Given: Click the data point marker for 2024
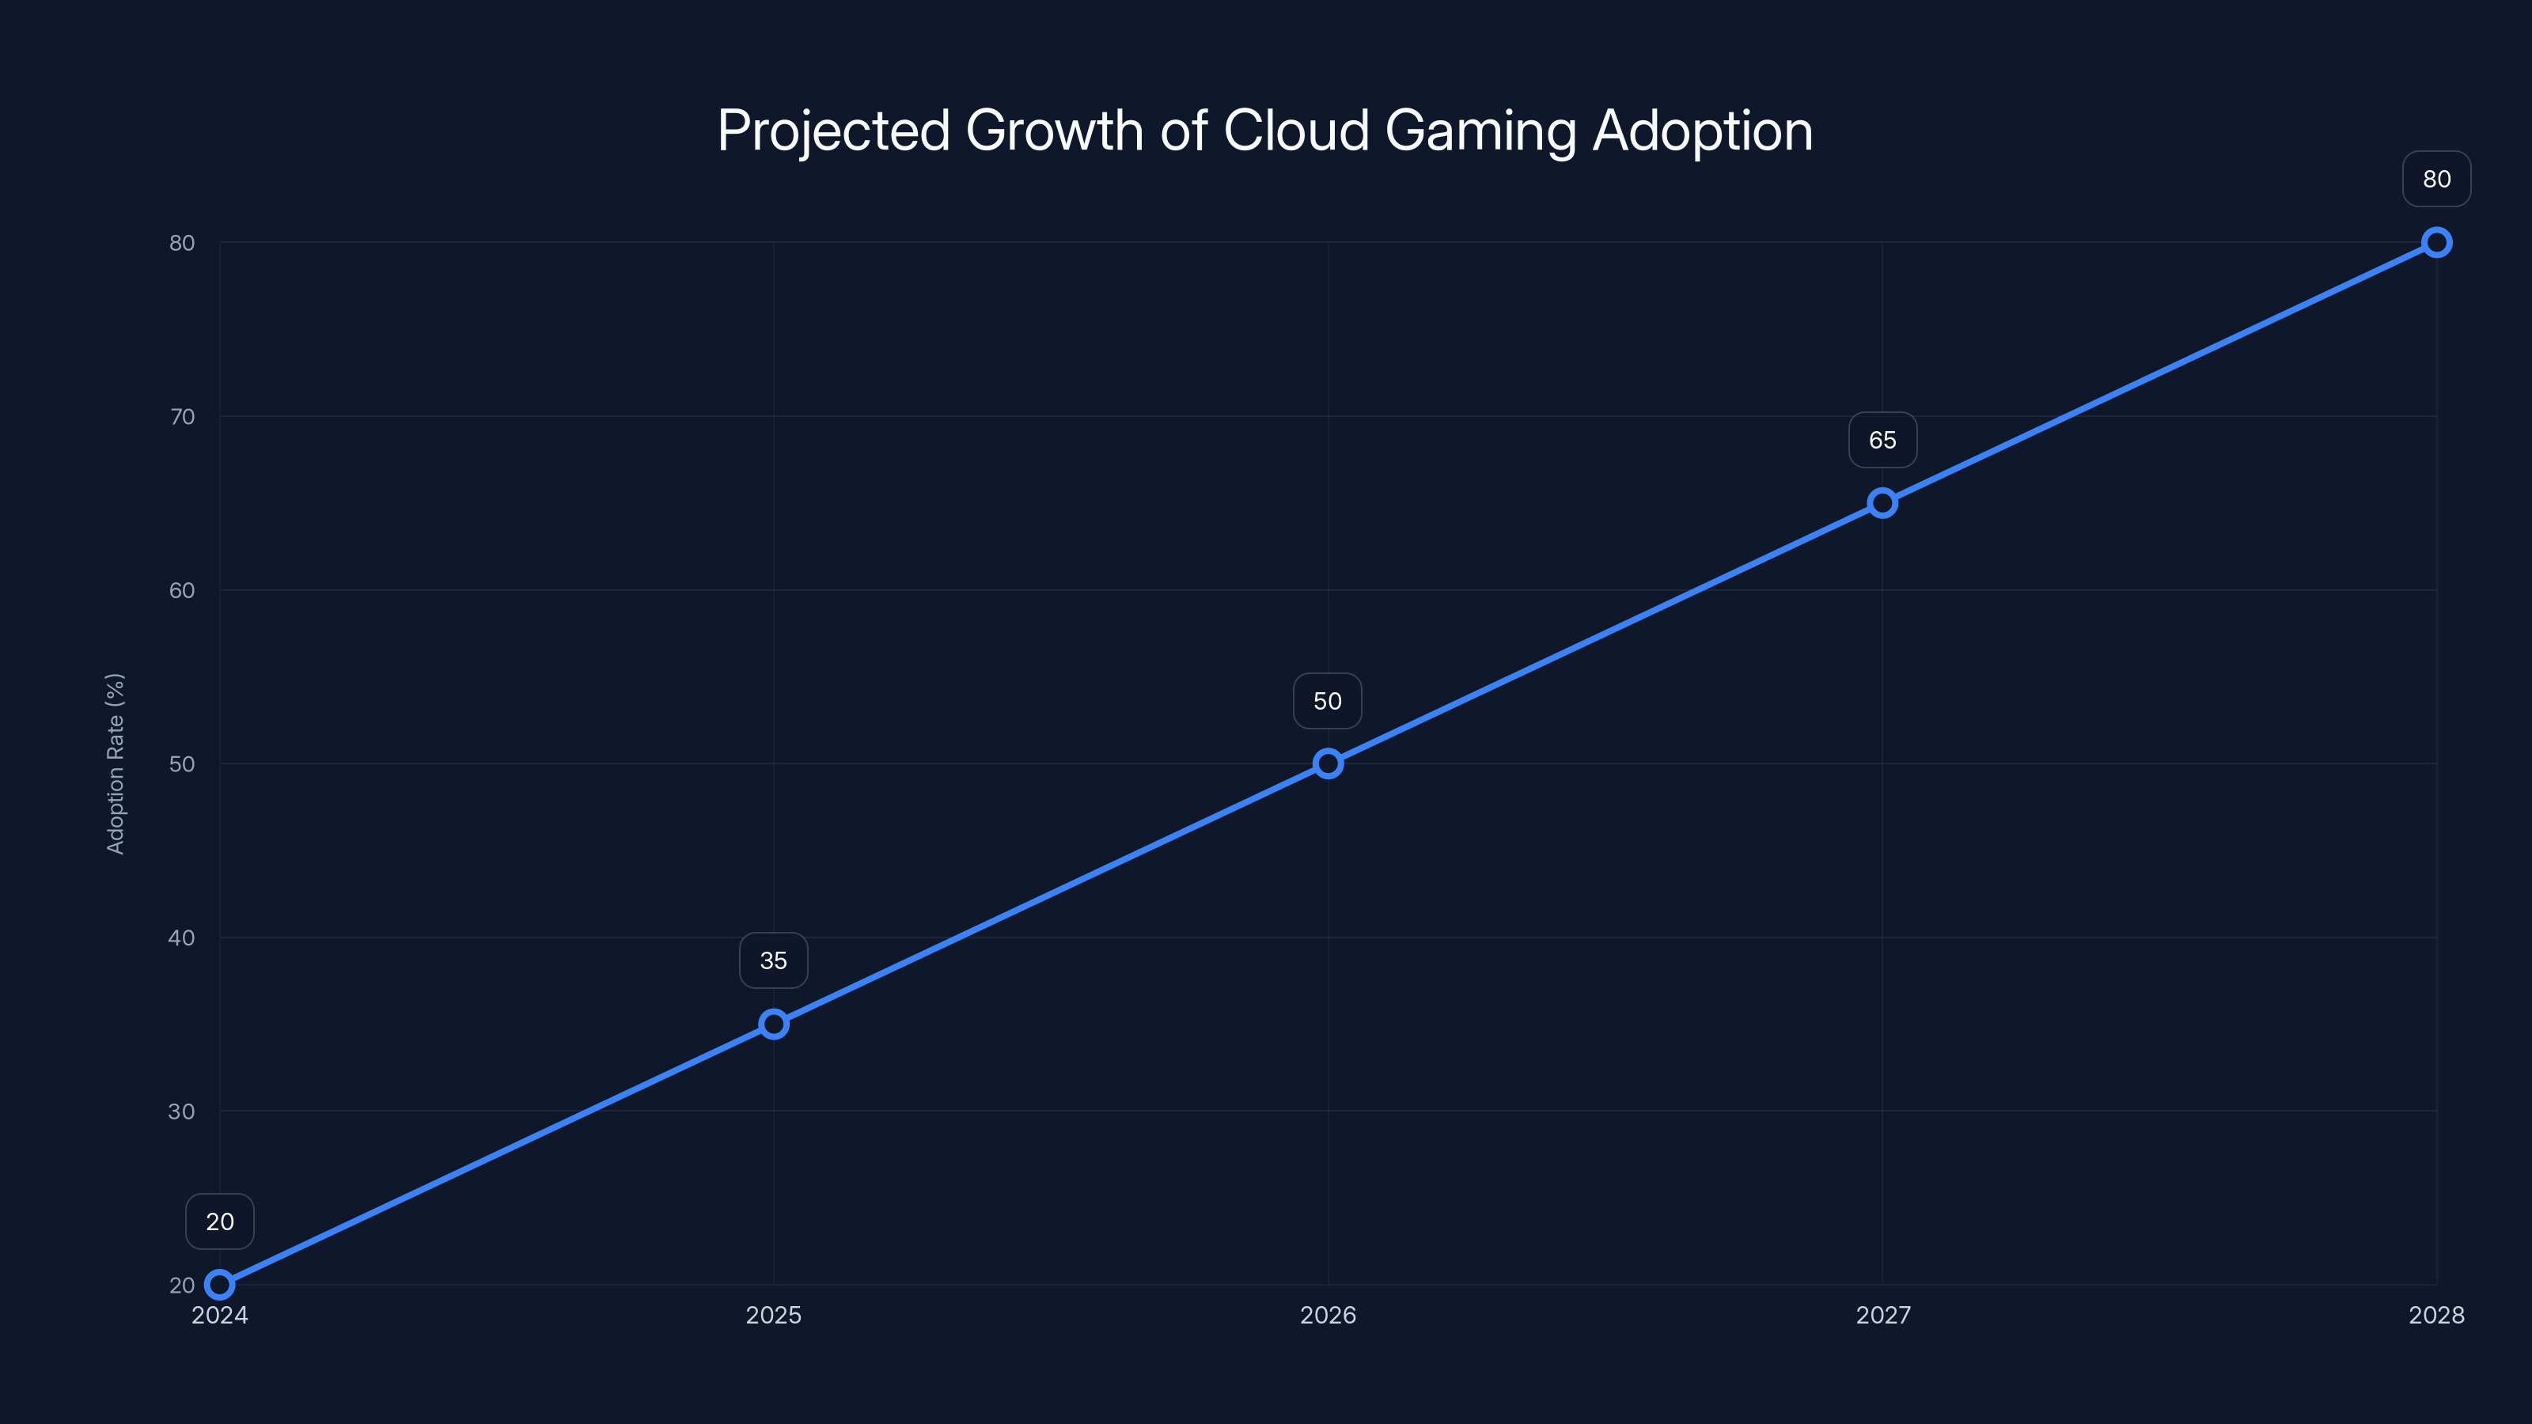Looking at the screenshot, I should [x=219, y=1285].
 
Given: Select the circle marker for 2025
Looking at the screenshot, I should [x=774, y=1024].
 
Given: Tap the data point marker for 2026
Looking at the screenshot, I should [x=1328, y=763].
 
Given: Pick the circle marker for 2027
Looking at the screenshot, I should [x=1882, y=503].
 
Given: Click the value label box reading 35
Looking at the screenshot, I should [x=774, y=960].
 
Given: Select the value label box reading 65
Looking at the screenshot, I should [x=1882, y=441].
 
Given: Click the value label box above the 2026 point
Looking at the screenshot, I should [x=1328, y=701].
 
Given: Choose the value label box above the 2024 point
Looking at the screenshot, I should [x=219, y=1221].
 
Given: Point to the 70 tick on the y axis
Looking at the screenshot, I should [x=182, y=417].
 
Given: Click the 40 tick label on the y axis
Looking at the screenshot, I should [x=182, y=937].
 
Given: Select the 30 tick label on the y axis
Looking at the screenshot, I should [x=182, y=1112].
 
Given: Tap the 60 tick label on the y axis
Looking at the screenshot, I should [x=182, y=591].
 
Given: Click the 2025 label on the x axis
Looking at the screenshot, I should [x=774, y=1315].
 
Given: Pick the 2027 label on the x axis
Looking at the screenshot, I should [x=1882, y=1315].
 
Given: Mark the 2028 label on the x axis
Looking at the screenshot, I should [x=2435, y=1315].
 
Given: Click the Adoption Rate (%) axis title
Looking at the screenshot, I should [x=115, y=763].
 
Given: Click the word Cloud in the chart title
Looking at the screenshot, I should [x=1295, y=131].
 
